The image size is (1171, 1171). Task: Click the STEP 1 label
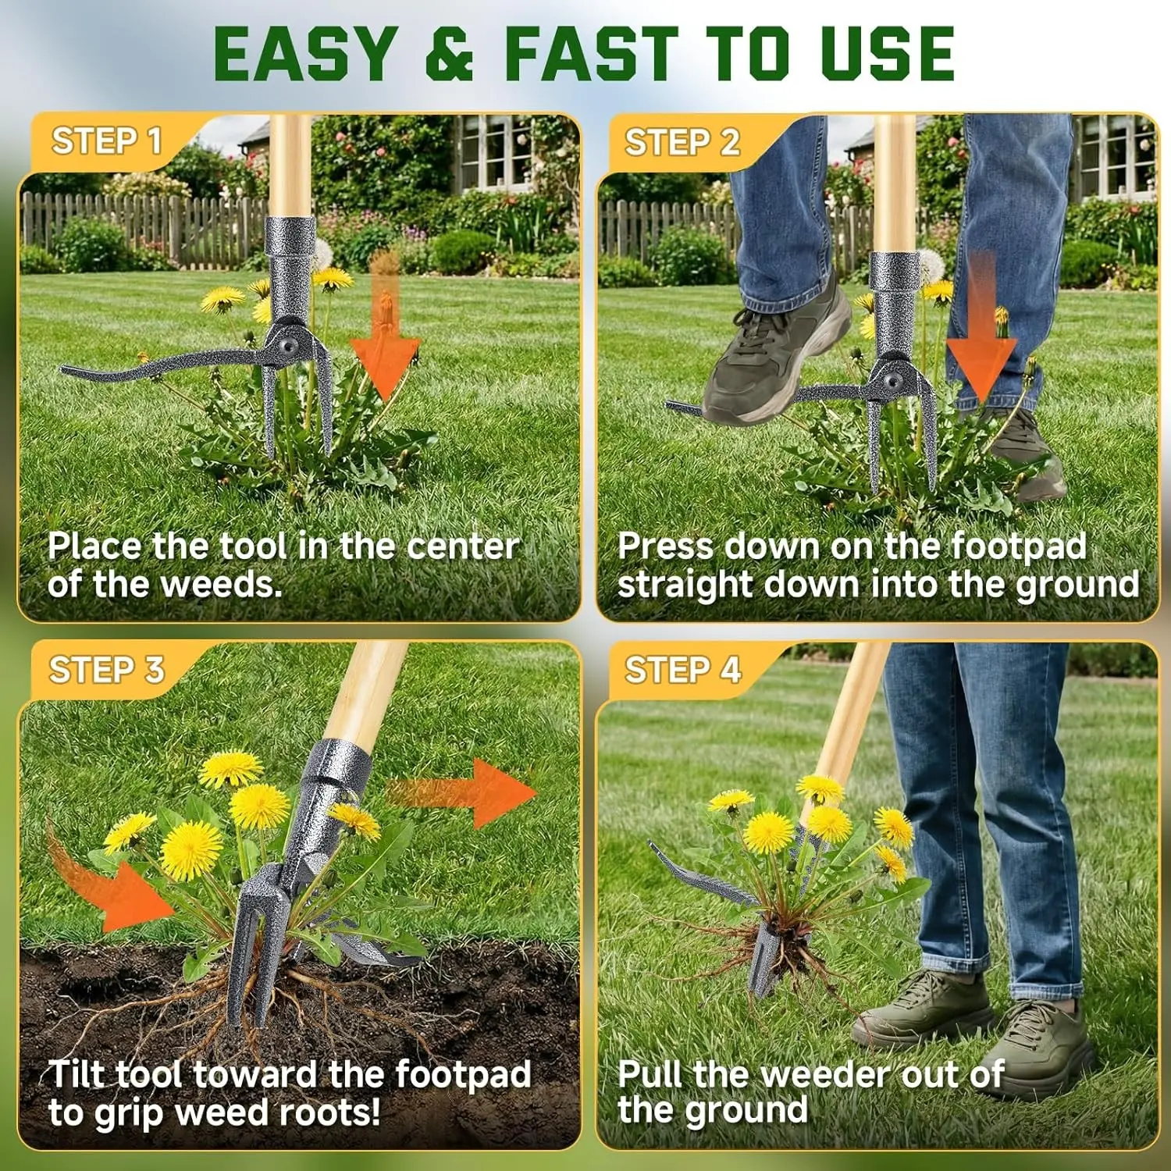(x=106, y=141)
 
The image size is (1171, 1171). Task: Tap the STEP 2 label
(x=682, y=142)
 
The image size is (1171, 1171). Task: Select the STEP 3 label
(x=106, y=670)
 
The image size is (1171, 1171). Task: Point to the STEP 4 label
(x=682, y=670)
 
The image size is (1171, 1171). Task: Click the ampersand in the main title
(x=449, y=53)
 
